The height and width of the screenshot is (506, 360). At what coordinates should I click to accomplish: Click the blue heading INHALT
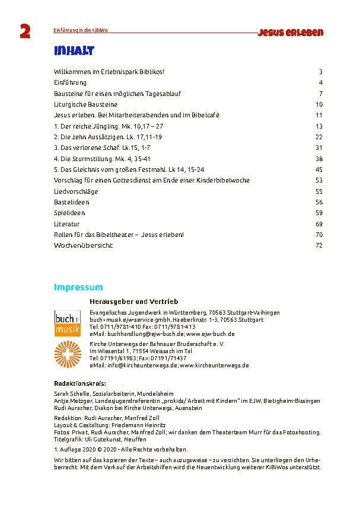point(73,51)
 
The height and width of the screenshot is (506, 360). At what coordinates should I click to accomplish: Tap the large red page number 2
point(25,33)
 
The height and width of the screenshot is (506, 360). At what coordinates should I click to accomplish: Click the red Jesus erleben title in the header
point(290,33)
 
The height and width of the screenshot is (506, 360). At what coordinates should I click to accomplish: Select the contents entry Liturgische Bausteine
point(85,104)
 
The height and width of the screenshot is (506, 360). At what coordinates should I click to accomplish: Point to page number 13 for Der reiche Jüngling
point(318,126)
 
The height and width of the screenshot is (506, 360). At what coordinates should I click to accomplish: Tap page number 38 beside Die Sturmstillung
point(318,159)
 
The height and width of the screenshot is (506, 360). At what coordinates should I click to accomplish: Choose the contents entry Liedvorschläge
point(75,191)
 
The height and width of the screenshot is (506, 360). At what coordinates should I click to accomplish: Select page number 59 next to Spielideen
point(318,213)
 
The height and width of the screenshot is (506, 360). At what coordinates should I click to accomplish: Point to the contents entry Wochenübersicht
point(83,245)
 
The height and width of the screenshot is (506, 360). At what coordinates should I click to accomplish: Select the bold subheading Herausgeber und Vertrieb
point(133,302)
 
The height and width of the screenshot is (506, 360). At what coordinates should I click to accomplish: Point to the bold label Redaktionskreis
point(79,383)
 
